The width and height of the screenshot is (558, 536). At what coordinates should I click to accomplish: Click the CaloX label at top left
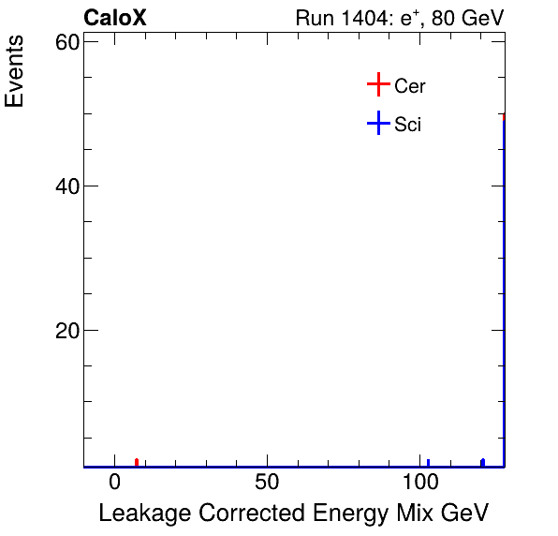click(x=115, y=18)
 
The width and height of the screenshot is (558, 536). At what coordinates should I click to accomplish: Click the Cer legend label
click(x=410, y=86)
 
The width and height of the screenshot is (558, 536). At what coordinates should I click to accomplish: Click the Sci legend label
click(x=408, y=124)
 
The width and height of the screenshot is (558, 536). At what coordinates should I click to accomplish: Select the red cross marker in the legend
click(x=377, y=85)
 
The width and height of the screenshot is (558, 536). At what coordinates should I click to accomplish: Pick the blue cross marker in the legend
click(x=377, y=123)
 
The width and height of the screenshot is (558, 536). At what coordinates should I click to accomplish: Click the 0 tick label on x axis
click(x=114, y=484)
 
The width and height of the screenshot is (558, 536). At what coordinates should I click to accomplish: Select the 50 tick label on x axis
click(x=268, y=484)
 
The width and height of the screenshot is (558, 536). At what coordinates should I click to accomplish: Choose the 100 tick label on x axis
click(x=420, y=484)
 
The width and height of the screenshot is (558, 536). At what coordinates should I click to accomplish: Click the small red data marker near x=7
click(x=137, y=462)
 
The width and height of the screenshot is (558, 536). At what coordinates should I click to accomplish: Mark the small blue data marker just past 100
click(x=428, y=462)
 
